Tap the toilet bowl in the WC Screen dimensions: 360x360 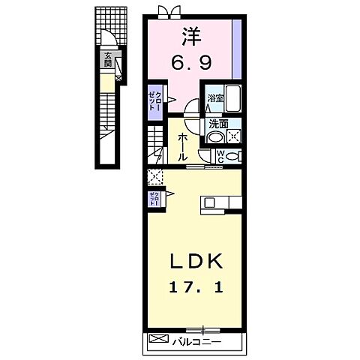(x=234, y=156)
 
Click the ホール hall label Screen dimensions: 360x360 (x=182, y=147)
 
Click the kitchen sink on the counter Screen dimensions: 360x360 (x=211, y=202)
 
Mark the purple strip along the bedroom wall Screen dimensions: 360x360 (x=236, y=49)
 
